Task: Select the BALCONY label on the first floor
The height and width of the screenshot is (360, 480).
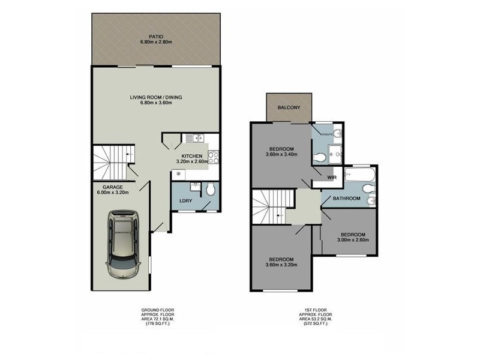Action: (x=289, y=108)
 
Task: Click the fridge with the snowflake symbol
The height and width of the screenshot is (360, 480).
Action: (x=178, y=173)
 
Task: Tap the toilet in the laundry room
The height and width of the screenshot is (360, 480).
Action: (x=209, y=191)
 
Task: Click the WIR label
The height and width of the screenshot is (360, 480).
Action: (x=331, y=178)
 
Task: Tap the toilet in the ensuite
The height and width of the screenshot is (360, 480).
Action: (x=321, y=158)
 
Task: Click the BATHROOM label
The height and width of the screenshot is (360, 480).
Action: (x=347, y=199)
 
